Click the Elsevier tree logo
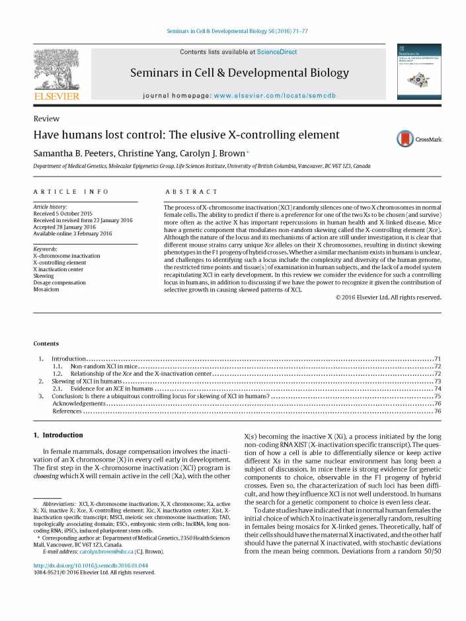56,71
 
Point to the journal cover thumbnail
418,72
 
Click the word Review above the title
46,119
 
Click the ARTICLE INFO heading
71,191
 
